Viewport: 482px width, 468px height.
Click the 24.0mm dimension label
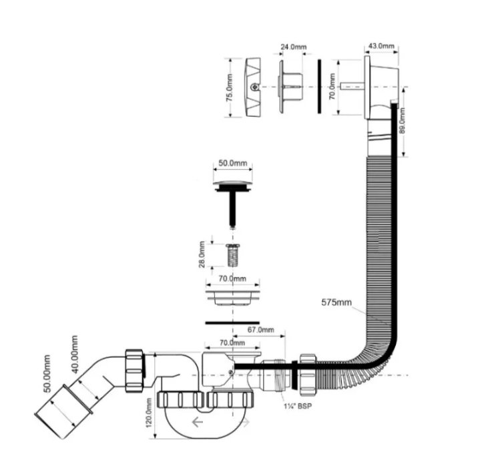coord(293,47)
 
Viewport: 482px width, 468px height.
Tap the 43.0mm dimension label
coord(381,46)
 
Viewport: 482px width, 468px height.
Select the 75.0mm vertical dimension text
coord(229,87)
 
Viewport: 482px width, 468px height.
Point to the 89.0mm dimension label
coord(402,120)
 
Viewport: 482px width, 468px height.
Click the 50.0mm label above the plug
coord(233,163)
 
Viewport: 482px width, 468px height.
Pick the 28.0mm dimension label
coord(202,255)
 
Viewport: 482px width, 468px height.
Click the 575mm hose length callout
coord(336,302)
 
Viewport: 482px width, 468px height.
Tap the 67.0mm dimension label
coord(260,329)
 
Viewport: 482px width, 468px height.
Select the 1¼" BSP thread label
coord(298,406)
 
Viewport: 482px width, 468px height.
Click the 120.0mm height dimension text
coord(149,413)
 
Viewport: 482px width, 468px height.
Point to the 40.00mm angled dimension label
coord(74,354)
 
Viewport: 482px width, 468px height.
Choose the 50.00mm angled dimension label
coord(47,373)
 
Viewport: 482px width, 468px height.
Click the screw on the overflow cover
coord(254,87)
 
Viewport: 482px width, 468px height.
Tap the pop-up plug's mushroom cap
coord(233,185)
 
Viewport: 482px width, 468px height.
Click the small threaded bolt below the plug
coord(233,255)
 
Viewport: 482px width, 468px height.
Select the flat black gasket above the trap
coord(232,323)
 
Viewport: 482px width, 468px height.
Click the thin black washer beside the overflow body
coord(319,86)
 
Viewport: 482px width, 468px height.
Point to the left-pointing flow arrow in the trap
coord(198,422)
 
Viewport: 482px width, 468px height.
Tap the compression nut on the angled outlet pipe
coord(135,371)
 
